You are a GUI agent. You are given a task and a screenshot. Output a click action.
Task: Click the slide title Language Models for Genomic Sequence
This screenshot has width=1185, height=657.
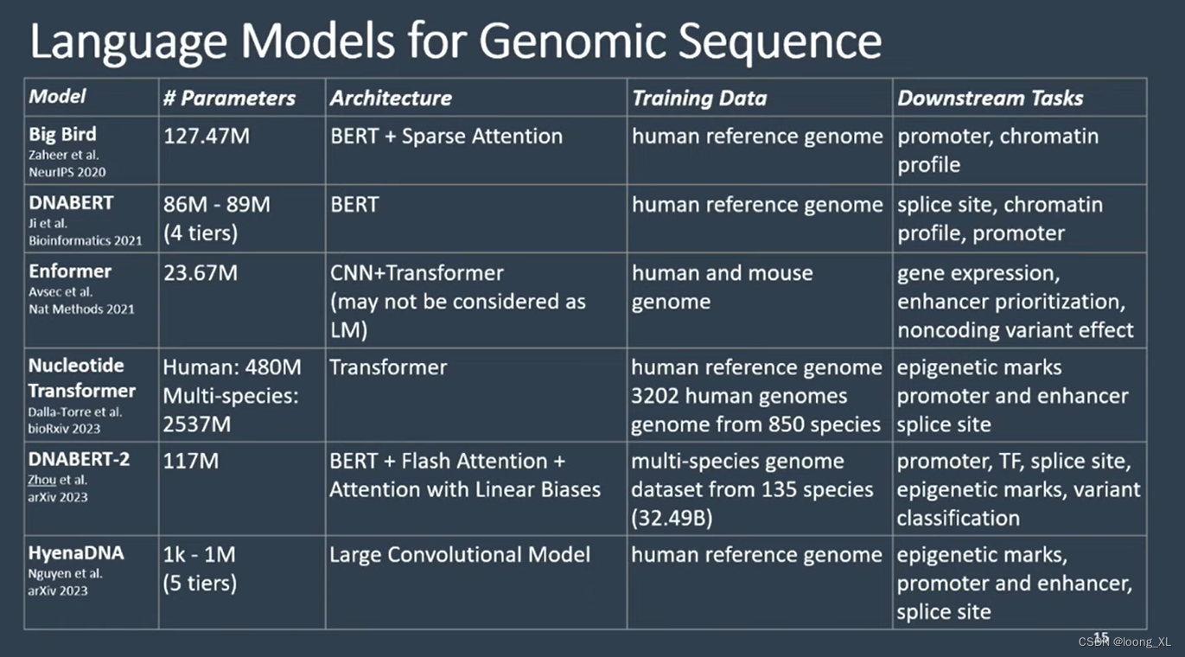[x=456, y=41]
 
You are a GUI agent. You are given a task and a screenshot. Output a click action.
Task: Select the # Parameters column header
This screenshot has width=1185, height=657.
[x=229, y=99]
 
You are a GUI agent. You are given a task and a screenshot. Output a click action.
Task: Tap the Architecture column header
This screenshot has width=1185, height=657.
[x=391, y=99]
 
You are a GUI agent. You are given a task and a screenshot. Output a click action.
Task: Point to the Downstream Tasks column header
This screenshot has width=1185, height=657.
[x=990, y=99]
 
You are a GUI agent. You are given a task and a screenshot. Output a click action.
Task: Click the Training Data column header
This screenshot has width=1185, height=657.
[x=699, y=99]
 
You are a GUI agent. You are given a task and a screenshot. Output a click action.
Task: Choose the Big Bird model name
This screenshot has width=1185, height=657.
[x=62, y=135]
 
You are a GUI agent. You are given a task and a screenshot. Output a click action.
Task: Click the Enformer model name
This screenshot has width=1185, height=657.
[x=70, y=271]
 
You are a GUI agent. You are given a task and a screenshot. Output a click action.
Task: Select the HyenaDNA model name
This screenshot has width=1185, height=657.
[x=76, y=553]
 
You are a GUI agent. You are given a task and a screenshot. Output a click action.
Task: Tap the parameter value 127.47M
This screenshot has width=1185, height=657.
[x=207, y=137]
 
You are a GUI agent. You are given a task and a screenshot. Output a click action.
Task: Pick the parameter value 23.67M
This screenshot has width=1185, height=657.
[x=201, y=273]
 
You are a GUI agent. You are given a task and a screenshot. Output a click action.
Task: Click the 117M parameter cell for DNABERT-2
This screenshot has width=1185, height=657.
[x=191, y=461]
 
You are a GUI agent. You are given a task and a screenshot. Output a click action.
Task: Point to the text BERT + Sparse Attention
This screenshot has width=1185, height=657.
[x=446, y=137]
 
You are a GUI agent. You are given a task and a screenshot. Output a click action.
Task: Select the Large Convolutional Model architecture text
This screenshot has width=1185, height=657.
[x=460, y=555]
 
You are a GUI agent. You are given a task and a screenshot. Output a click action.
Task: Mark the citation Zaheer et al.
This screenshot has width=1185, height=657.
[x=63, y=155]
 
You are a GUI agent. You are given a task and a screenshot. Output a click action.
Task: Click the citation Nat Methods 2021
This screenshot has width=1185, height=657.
[x=81, y=309]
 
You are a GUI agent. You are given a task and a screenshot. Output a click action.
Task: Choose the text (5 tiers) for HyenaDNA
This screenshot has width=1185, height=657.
[x=200, y=584]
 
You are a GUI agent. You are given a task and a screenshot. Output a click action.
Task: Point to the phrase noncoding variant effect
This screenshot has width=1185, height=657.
[x=1015, y=330]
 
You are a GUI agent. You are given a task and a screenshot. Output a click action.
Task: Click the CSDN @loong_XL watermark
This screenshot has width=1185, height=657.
[x=1124, y=641]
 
